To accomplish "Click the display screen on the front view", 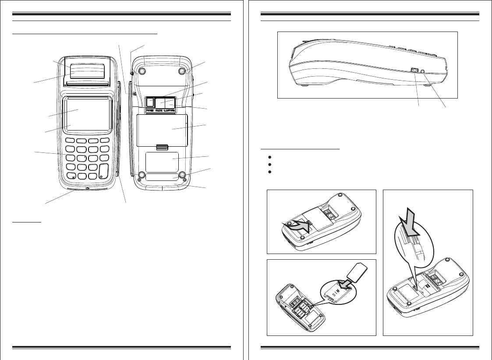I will point(87,113).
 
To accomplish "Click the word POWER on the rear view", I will point(151,111).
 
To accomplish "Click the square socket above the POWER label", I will point(150,102).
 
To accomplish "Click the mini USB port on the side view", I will point(413,70).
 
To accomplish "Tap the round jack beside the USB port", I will point(421,71).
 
